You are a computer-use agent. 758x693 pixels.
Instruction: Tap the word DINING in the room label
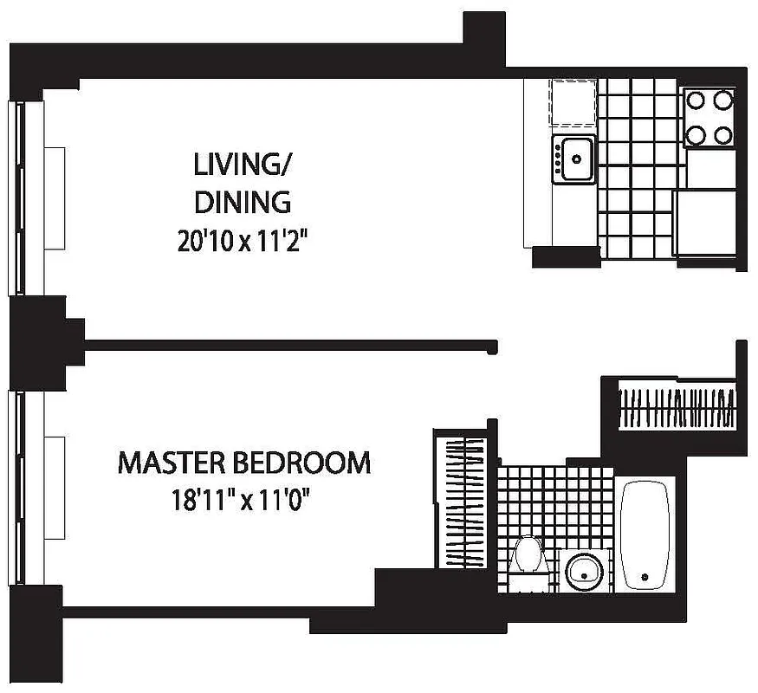242,202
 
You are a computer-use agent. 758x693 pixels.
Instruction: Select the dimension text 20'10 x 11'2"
243,240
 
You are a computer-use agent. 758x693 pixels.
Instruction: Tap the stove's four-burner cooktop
709,117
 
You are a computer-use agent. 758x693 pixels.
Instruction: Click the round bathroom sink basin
583,570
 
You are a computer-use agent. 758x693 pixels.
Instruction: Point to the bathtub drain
644,575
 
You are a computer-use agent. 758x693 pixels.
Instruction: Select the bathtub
645,533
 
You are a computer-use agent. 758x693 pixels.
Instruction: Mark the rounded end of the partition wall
494,346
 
